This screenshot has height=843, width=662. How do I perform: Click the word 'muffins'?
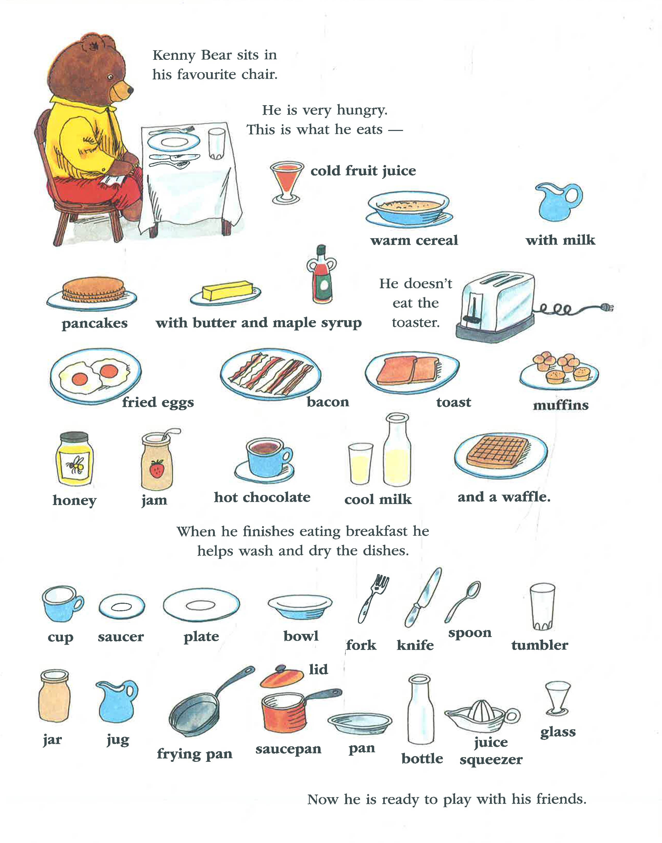coord(560,405)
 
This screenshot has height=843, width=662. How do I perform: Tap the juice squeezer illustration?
coord(482,716)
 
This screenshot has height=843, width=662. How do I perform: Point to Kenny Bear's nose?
coord(130,90)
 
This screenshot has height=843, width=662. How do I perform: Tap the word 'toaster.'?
coord(415,322)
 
